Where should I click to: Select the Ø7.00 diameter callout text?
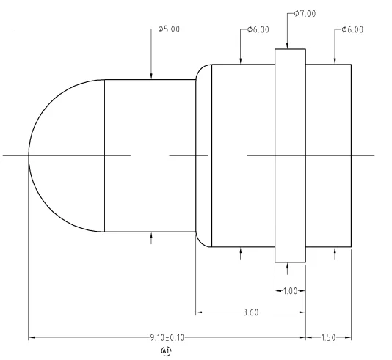(304, 14)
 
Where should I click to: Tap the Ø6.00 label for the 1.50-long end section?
(351, 30)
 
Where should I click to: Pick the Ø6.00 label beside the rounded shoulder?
(257, 30)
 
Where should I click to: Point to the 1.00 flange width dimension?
(290, 291)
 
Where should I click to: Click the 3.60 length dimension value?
(250, 312)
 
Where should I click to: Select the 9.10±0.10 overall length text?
(166, 338)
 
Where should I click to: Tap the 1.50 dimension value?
(329, 338)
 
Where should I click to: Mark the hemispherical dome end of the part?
(62, 155)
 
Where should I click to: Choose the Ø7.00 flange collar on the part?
(290, 155)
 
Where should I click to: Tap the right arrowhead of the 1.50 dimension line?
(349, 338)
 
